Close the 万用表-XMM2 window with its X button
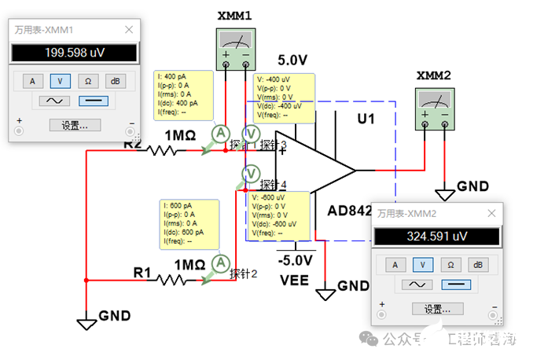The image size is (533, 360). (492, 212)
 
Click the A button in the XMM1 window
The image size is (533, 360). (32, 80)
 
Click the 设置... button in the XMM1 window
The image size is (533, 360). (74, 125)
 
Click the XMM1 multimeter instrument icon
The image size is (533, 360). (234, 43)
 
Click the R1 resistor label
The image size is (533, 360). (142, 272)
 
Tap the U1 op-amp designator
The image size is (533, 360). (365, 121)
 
